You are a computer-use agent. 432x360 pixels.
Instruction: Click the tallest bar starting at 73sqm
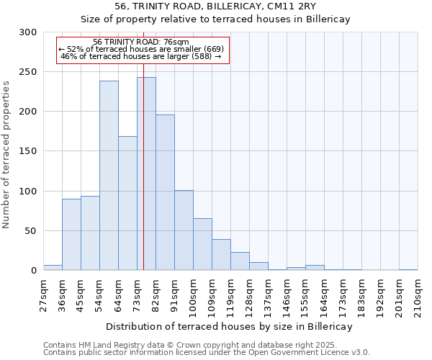pos(146,174)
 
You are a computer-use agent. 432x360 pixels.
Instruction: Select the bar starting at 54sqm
pos(109,176)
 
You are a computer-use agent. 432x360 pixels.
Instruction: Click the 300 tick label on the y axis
pos(28,32)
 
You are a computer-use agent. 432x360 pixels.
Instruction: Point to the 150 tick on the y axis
pos(28,151)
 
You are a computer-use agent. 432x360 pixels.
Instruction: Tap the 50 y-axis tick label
pos(31,231)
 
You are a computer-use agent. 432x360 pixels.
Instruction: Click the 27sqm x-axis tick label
pos(44,295)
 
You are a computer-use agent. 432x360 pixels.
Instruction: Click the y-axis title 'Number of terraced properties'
pos(7,155)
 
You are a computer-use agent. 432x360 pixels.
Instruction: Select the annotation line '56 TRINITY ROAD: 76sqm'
pos(141,42)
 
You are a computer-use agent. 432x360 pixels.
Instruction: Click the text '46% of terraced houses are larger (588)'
pos(141,55)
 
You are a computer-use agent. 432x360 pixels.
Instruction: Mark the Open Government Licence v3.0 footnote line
pos(207,352)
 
